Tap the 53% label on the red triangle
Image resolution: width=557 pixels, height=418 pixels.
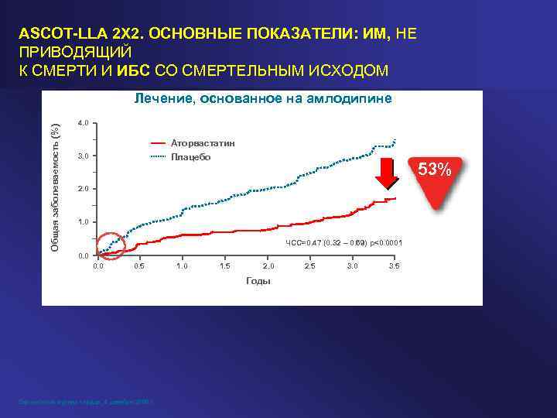pyautogui.click(x=439, y=169)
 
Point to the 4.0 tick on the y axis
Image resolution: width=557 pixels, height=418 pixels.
pyautogui.click(x=84, y=123)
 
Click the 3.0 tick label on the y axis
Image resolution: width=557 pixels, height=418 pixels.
pyautogui.click(x=84, y=156)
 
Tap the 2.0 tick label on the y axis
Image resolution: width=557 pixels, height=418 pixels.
pyautogui.click(x=84, y=189)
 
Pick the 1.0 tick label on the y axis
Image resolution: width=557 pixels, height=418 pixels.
pyautogui.click(x=84, y=222)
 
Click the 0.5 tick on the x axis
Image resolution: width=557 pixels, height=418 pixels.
pyautogui.click(x=139, y=266)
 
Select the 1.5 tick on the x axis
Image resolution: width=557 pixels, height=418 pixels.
pyautogui.click(x=224, y=266)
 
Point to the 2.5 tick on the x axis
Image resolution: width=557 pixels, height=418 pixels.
pyautogui.click(x=309, y=266)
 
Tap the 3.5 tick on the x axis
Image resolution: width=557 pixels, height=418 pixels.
pyautogui.click(x=394, y=266)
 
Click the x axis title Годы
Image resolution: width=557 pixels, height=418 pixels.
pyautogui.click(x=258, y=281)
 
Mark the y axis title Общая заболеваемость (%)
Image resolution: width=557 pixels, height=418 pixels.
pyautogui.click(x=56, y=177)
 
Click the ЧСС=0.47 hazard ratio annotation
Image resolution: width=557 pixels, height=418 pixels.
pyautogui.click(x=344, y=243)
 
